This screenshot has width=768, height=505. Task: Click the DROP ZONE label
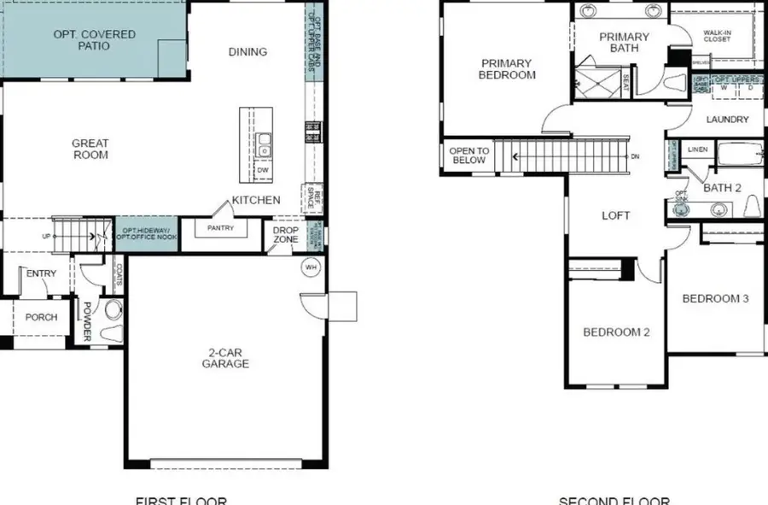click(x=286, y=234)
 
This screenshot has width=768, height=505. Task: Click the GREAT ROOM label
click(x=90, y=149)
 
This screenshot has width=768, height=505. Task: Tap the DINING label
click(x=247, y=52)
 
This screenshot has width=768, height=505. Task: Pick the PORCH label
click(x=41, y=317)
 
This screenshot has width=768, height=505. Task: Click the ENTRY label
click(x=41, y=273)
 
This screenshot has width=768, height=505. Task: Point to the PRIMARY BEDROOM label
click(x=507, y=69)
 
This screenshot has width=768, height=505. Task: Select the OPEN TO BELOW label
click(x=468, y=156)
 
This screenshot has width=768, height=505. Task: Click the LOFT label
click(x=615, y=215)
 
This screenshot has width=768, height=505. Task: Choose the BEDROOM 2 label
click(x=616, y=332)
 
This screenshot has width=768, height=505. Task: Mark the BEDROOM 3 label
click(x=715, y=299)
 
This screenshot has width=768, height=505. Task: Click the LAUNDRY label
click(x=727, y=120)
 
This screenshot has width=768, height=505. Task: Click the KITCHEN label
click(x=257, y=200)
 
